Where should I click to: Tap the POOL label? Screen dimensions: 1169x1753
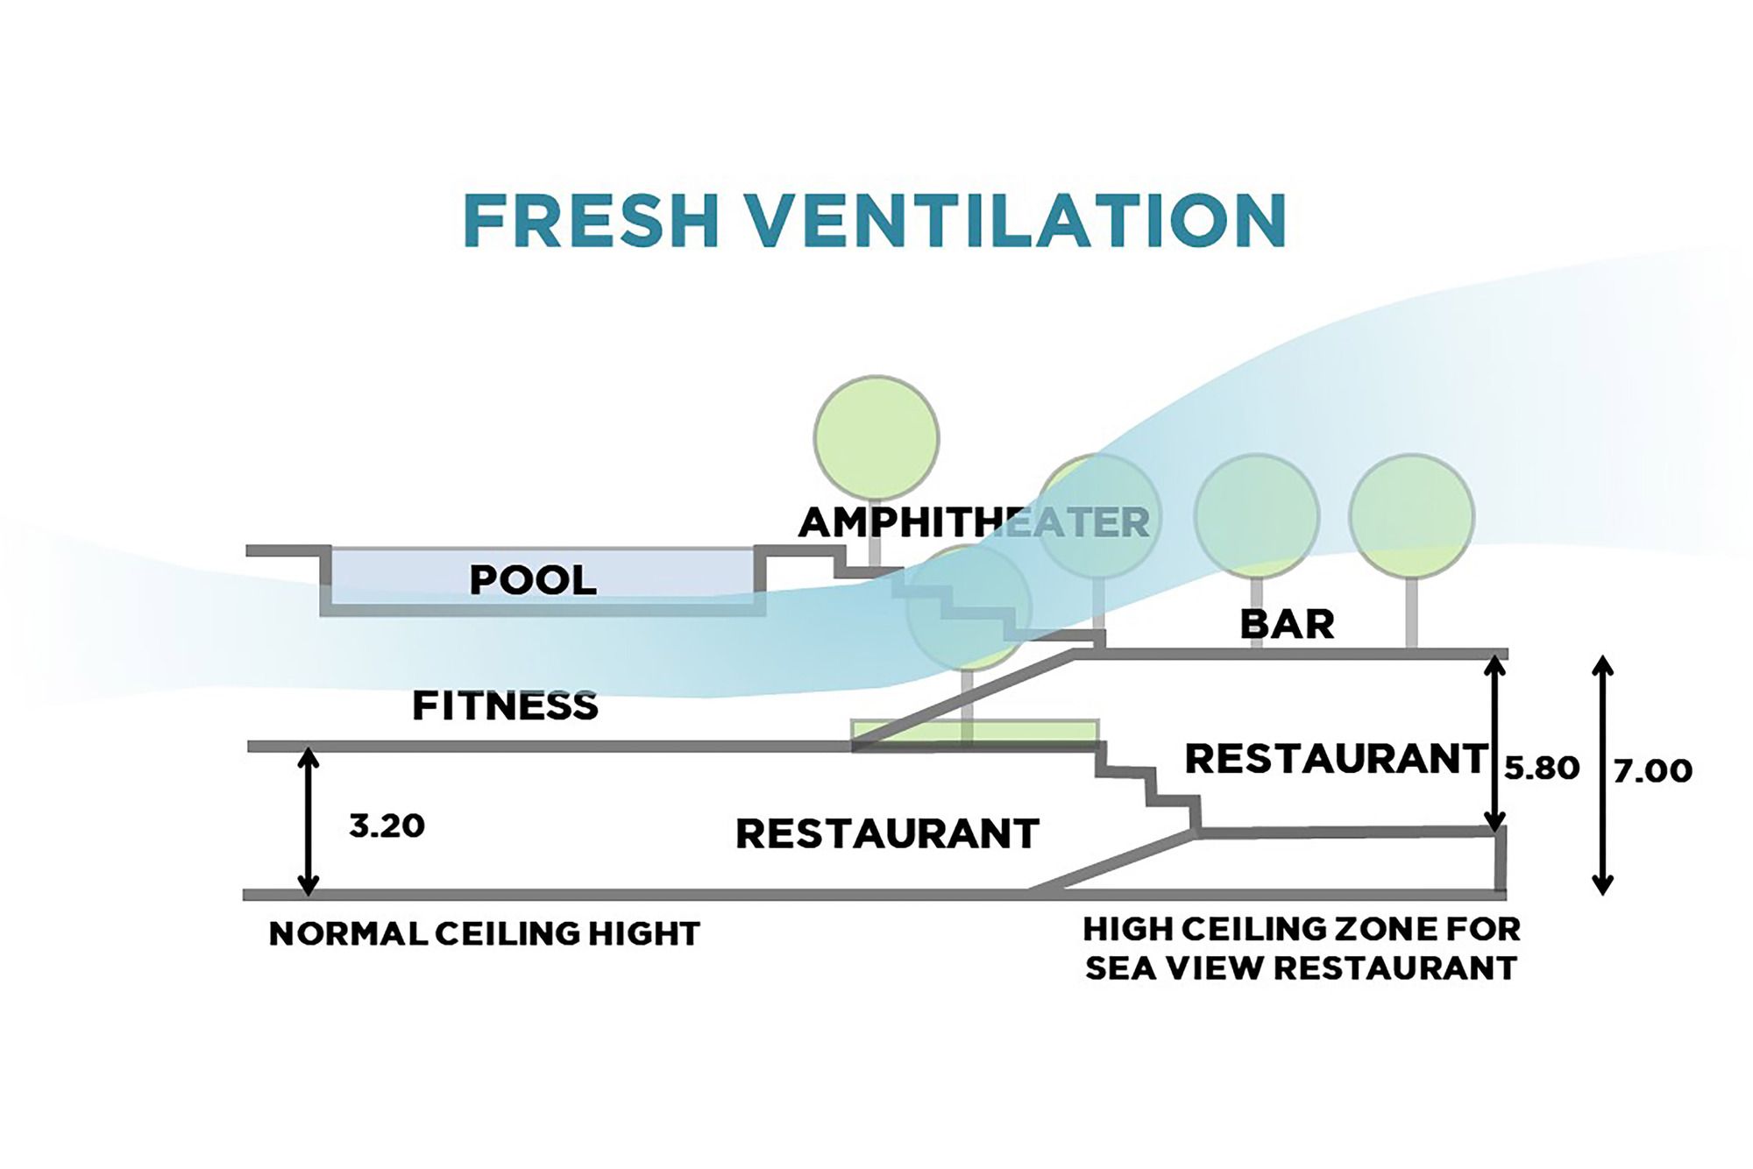(x=533, y=580)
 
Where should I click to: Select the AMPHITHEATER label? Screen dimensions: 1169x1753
(x=973, y=523)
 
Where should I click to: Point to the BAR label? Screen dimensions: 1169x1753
(x=1287, y=625)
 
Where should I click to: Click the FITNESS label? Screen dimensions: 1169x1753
(x=505, y=705)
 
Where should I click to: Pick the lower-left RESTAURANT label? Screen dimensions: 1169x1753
(x=887, y=833)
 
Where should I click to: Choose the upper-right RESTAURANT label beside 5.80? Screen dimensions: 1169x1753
(x=1336, y=759)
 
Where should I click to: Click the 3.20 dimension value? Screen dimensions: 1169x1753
(x=387, y=825)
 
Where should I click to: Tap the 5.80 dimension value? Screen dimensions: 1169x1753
(x=1542, y=769)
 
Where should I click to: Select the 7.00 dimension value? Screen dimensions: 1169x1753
(x=1652, y=771)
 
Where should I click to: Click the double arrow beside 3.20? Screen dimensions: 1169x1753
(x=308, y=821)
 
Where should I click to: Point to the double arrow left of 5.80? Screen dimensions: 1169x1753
(x=1495, y=743)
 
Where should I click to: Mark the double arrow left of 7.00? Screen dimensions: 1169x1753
(x=1602, y=775)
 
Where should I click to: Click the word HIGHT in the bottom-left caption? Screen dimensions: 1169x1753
(x=644, y=934)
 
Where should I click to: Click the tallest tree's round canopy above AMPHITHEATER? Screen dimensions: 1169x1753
(x=876, y=437)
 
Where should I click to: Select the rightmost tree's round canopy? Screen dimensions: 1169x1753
(x=1411, y=516)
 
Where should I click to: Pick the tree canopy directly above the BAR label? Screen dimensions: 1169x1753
(x=1257, y=516)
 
